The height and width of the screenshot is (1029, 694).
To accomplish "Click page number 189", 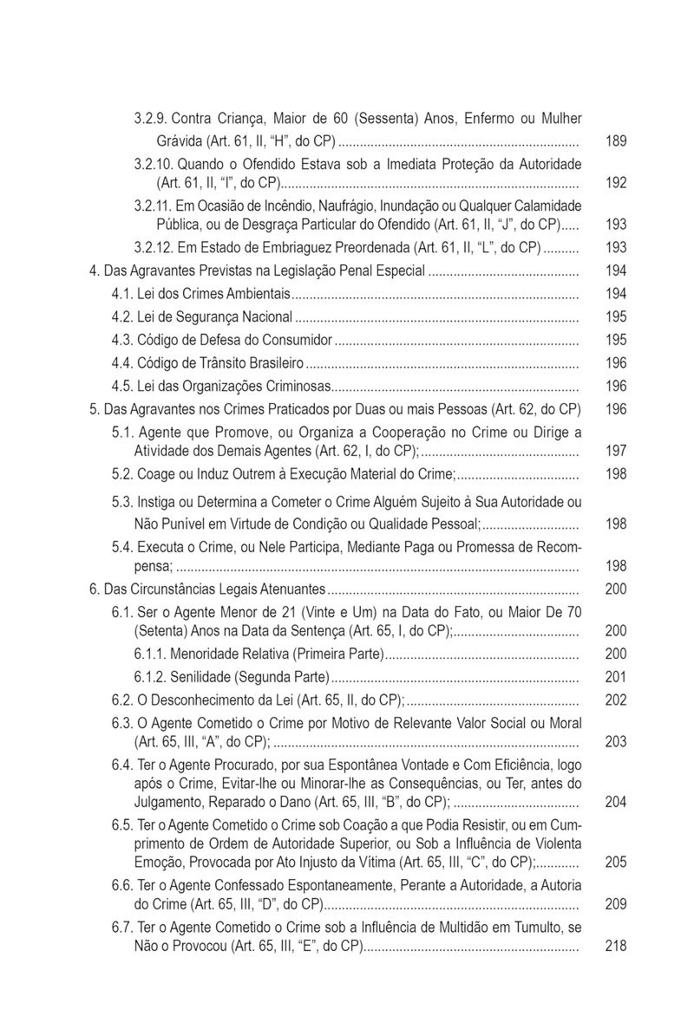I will point(615,140).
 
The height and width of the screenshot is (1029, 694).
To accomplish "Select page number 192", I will point(615,183).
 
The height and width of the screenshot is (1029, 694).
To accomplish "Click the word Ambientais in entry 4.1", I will point(257,294).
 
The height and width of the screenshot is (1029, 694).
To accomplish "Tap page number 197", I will point(615,451).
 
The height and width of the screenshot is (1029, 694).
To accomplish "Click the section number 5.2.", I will point(122,474).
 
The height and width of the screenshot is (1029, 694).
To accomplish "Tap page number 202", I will point(615,700).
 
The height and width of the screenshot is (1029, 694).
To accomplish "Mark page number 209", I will point(615,904).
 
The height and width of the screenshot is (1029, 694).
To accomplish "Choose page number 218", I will point(615,947).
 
